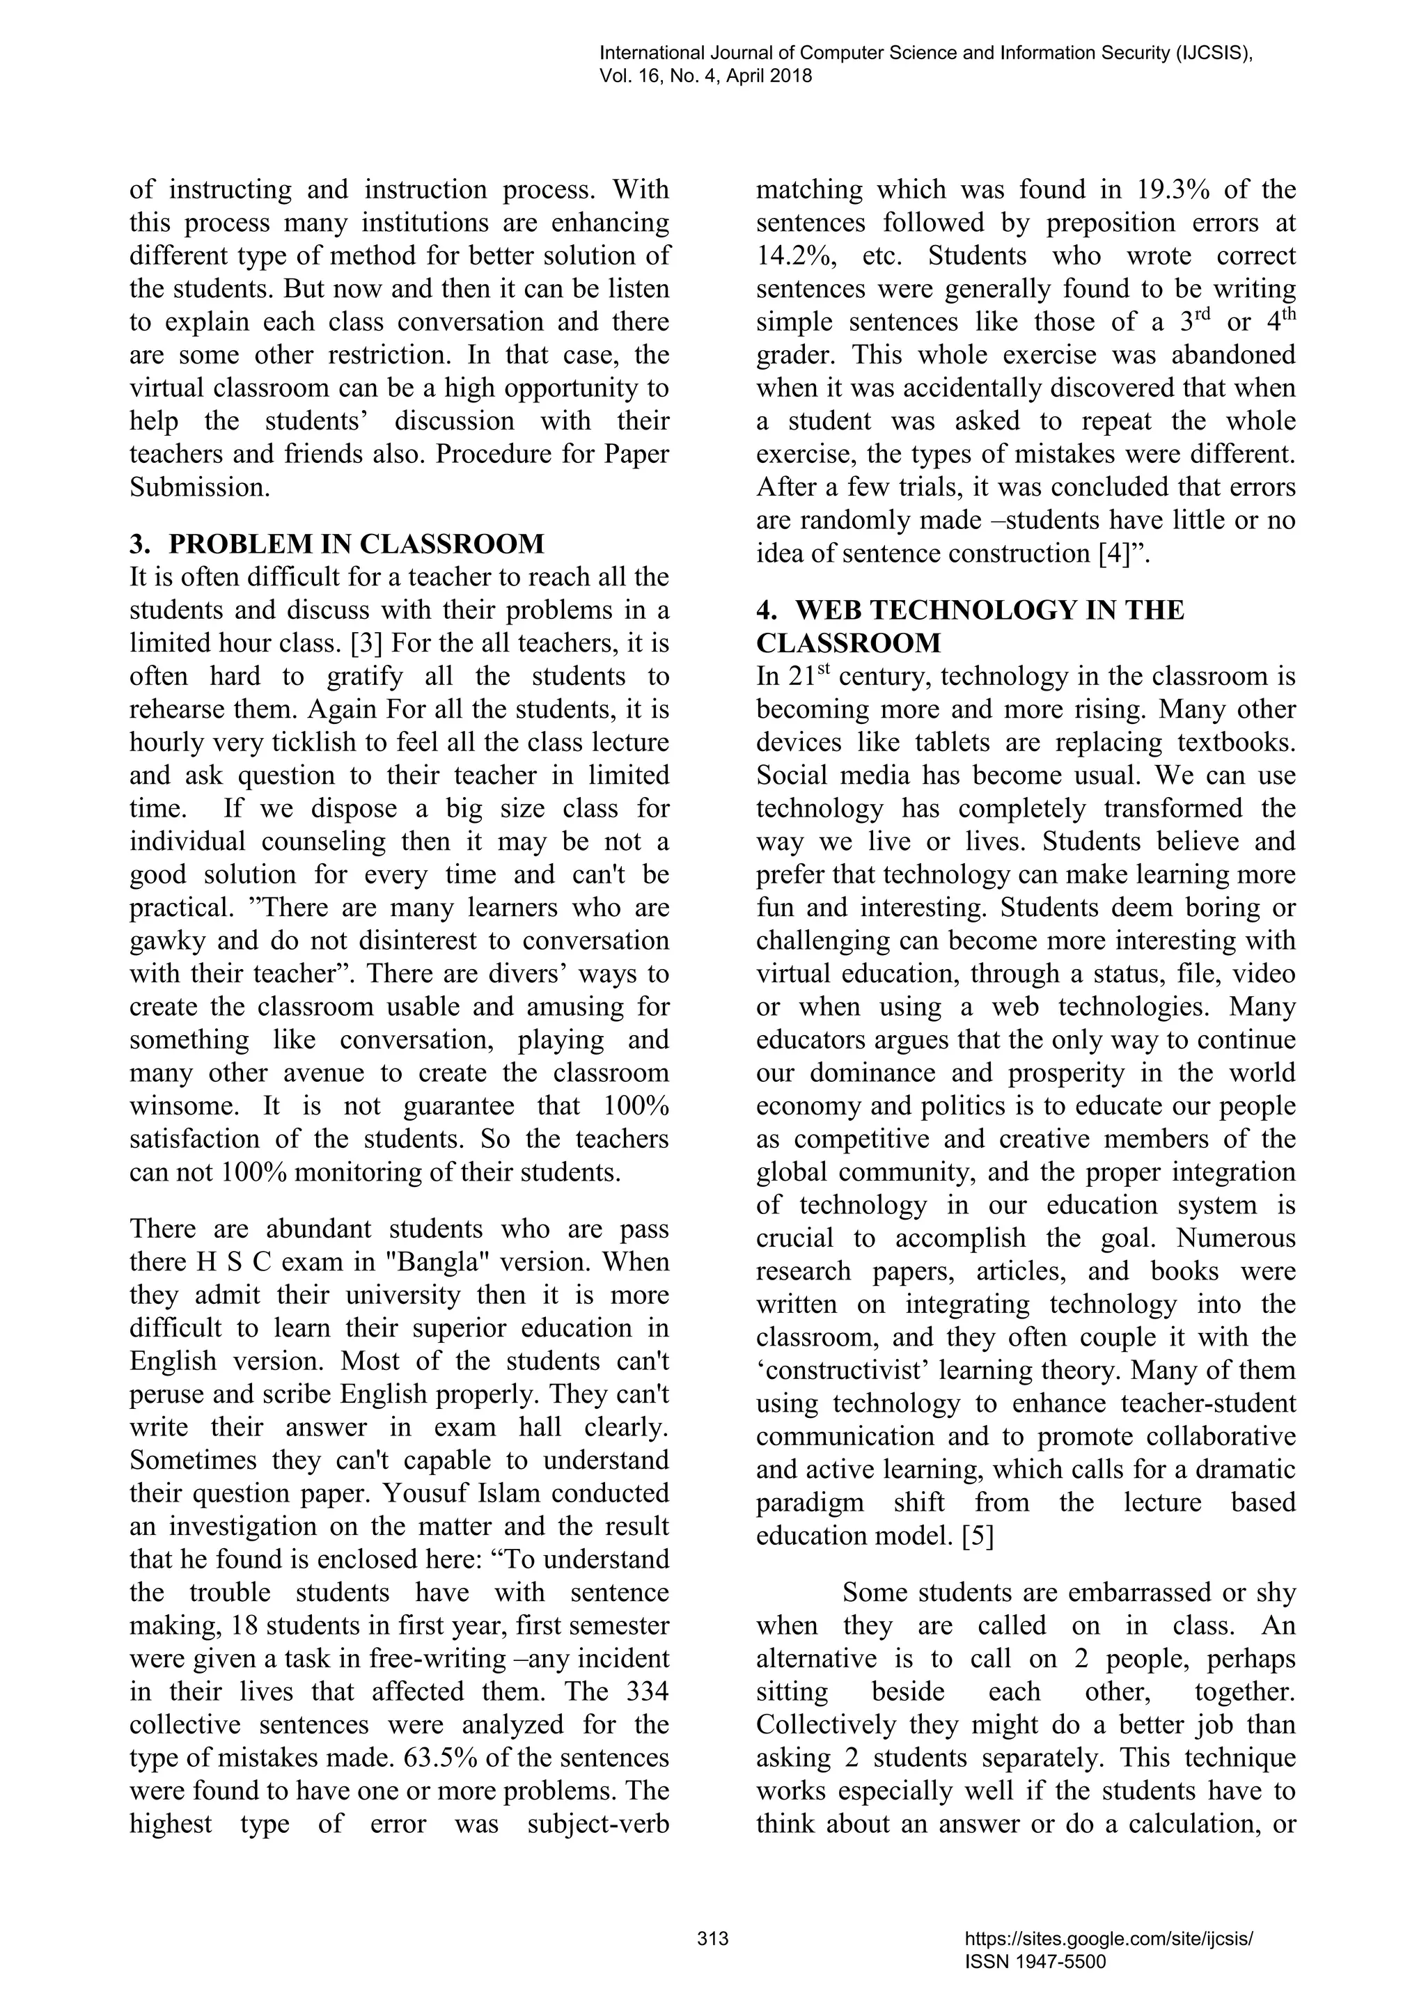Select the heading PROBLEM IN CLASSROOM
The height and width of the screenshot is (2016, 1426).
pyautogui.click(x=356, y=544)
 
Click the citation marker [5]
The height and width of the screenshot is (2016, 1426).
pyautogui.click(x=978, y=1536)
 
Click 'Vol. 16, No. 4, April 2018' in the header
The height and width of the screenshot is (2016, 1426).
pyautogui.click(x=705, y=77)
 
